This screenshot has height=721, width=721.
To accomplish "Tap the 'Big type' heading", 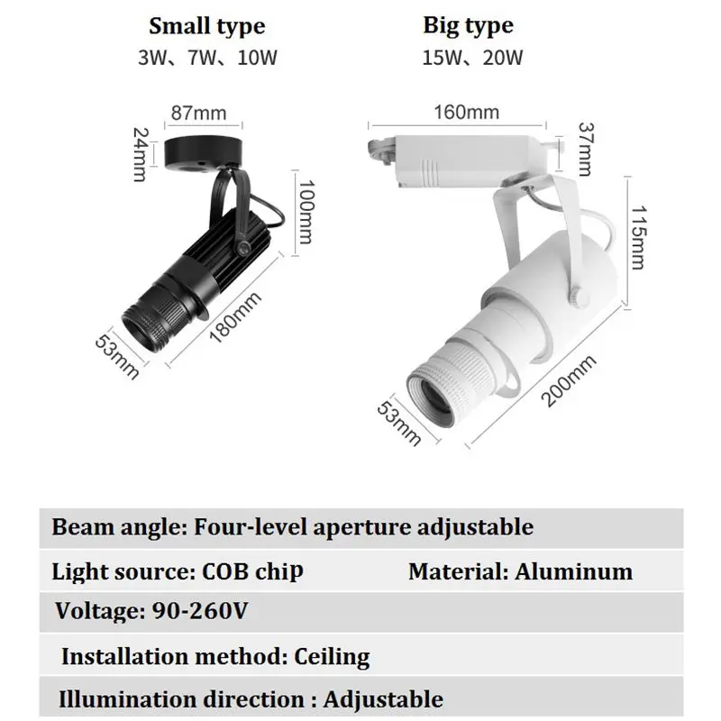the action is coord(468,25).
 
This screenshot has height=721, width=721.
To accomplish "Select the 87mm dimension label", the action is coord(195,114).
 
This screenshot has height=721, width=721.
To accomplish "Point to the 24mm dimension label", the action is coord(138,153).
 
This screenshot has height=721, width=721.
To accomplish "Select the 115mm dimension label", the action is coord(638,236).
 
